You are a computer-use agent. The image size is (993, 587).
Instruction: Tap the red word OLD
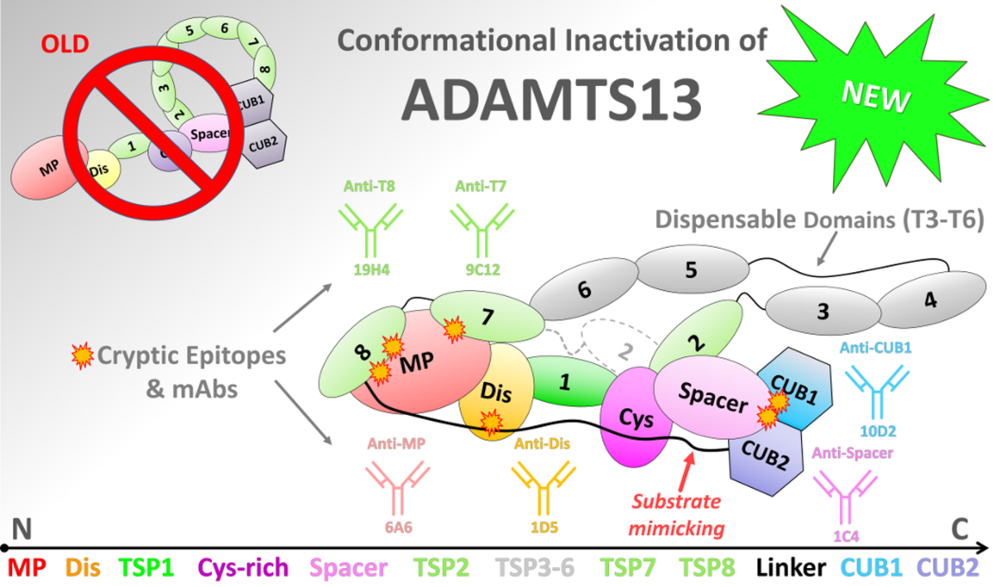(65, 45)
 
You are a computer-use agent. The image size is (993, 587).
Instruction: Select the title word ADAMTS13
(551, 100)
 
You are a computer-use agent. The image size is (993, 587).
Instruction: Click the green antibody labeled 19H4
(371, 231)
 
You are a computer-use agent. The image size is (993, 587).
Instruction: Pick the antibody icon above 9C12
(482, 231)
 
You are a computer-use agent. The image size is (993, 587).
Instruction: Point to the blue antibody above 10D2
(877, 392)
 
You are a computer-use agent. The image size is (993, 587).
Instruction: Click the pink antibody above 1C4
(846, 498)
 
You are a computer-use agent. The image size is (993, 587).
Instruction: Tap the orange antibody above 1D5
(544, 489)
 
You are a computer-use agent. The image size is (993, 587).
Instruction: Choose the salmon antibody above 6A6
(398, 489)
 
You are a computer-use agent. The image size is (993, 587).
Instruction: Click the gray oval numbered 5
(693, 269)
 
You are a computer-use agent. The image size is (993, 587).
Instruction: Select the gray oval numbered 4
(932, 300)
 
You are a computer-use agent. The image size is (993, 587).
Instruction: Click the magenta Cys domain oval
(635, 418)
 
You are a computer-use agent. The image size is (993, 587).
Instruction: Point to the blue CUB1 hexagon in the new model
(796, 389)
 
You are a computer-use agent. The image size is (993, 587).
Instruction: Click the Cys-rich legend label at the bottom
(243, 567)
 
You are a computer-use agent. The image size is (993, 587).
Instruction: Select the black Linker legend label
(791, 567)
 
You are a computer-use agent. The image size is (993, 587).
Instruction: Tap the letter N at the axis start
(22, 529)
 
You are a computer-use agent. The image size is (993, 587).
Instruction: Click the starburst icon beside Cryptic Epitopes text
(83, 356)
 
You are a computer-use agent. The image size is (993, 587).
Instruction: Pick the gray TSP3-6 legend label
(535, 567)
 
